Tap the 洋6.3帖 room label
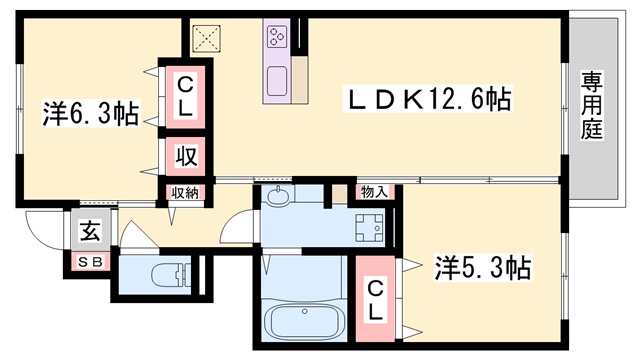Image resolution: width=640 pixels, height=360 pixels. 91,113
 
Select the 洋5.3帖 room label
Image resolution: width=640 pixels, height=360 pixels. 483,268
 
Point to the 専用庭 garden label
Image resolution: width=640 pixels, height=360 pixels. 592,105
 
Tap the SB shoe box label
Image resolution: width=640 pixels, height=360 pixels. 90,262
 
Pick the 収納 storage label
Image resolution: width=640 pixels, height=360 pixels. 185,193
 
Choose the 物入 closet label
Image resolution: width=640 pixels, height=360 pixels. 374,192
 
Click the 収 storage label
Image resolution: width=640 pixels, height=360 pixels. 186,156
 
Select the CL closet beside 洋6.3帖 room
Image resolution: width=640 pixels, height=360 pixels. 185,97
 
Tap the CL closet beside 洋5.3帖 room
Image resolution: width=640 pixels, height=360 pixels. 375,300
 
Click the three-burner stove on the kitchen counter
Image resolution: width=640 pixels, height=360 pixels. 277,36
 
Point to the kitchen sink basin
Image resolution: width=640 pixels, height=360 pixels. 277,81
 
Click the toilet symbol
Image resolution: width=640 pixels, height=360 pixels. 171,275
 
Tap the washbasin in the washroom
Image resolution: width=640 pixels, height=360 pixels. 278,194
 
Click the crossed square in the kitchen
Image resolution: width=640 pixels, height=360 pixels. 207,39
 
